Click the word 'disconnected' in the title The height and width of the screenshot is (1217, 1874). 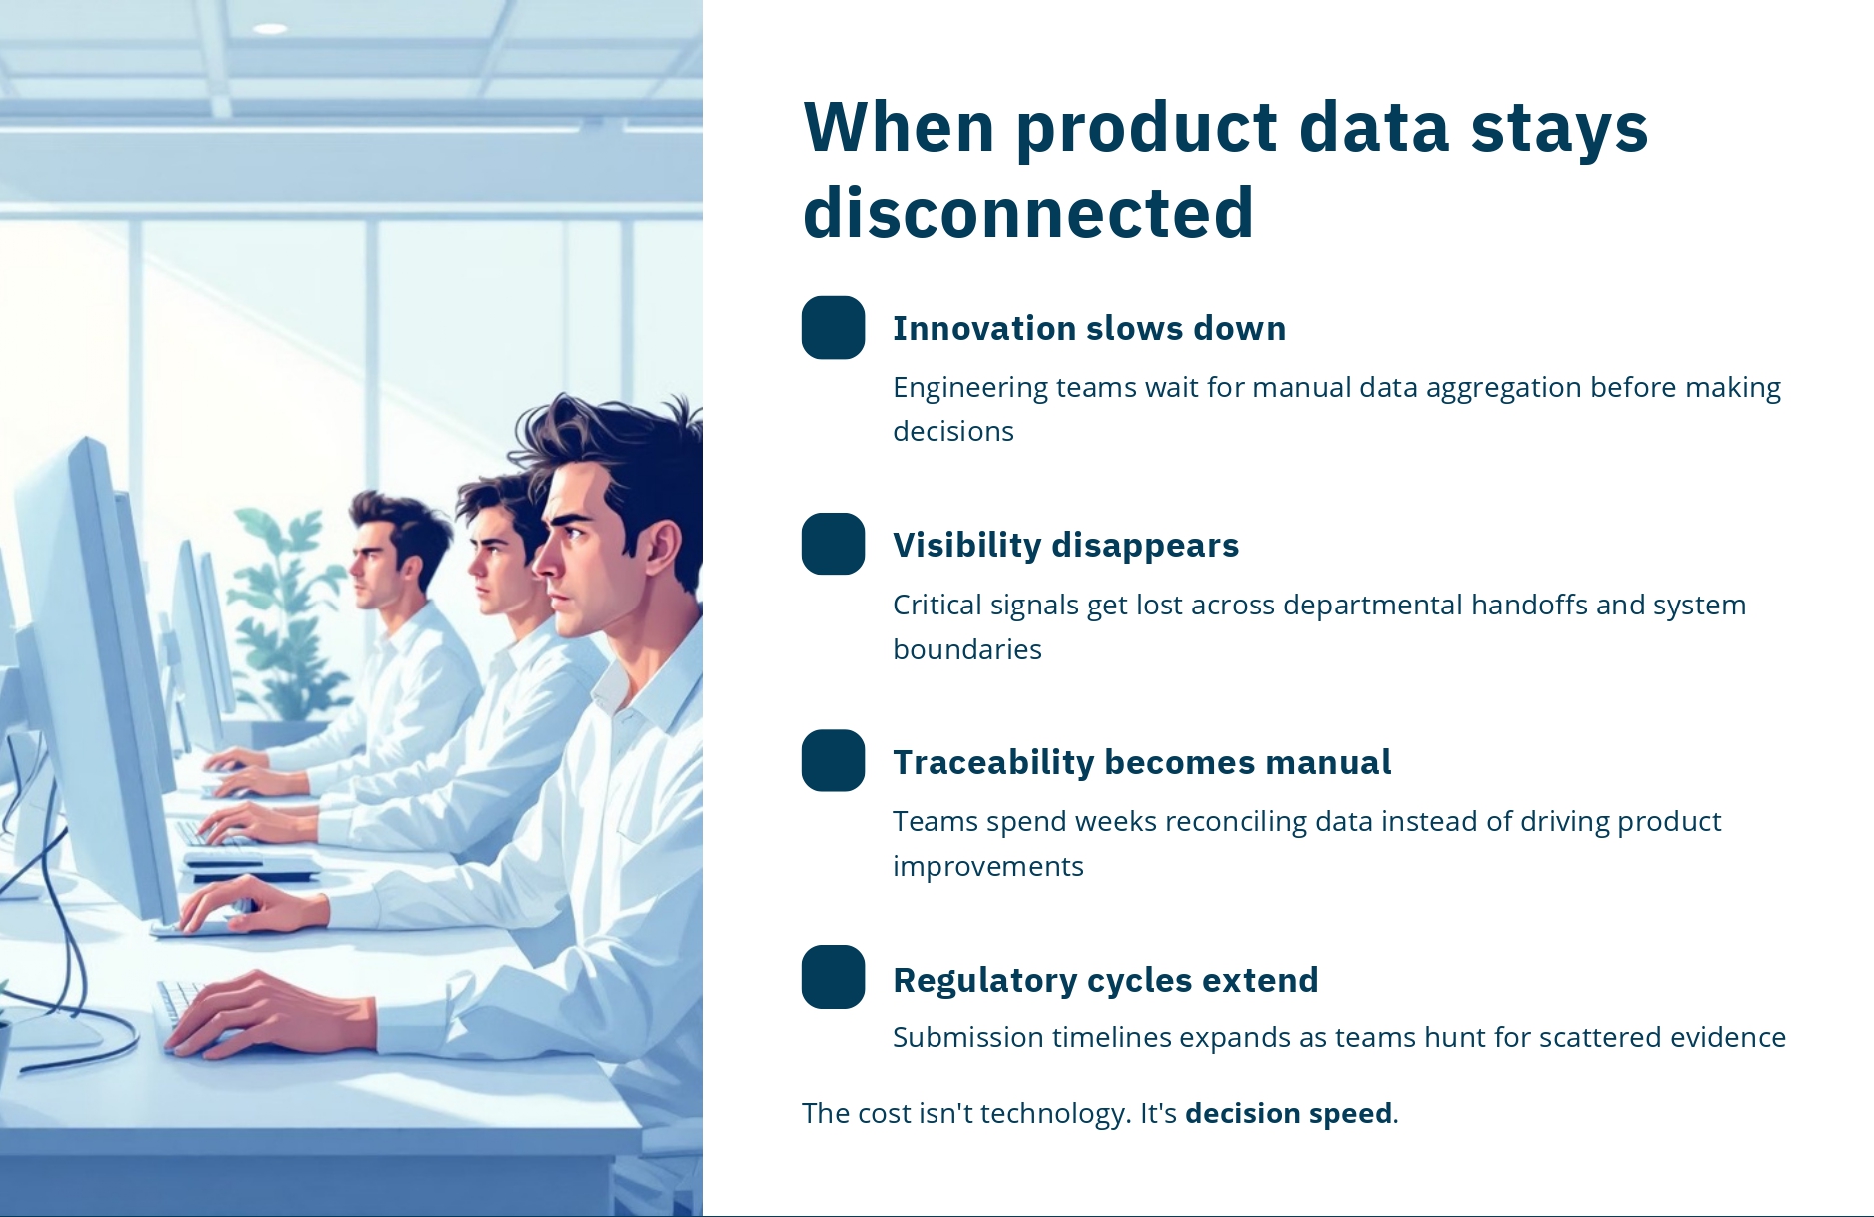click(1027, 212)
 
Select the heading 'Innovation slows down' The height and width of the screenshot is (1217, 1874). click(1089, 328)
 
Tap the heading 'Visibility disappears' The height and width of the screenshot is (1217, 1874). click(1065, 545)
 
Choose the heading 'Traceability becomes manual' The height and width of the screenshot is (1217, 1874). click(1141, 762)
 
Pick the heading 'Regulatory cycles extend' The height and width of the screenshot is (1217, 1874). click(1105, 980)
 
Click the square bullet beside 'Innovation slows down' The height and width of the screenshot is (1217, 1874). click(833, 327)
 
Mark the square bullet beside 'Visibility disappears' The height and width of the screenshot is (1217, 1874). click(833, 544)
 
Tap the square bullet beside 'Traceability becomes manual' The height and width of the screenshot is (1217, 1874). click(833, 761)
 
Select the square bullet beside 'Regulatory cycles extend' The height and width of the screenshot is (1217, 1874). click(833, 977)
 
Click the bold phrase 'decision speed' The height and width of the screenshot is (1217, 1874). click(1288, 1113)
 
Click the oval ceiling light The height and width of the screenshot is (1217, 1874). click(270, 28)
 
